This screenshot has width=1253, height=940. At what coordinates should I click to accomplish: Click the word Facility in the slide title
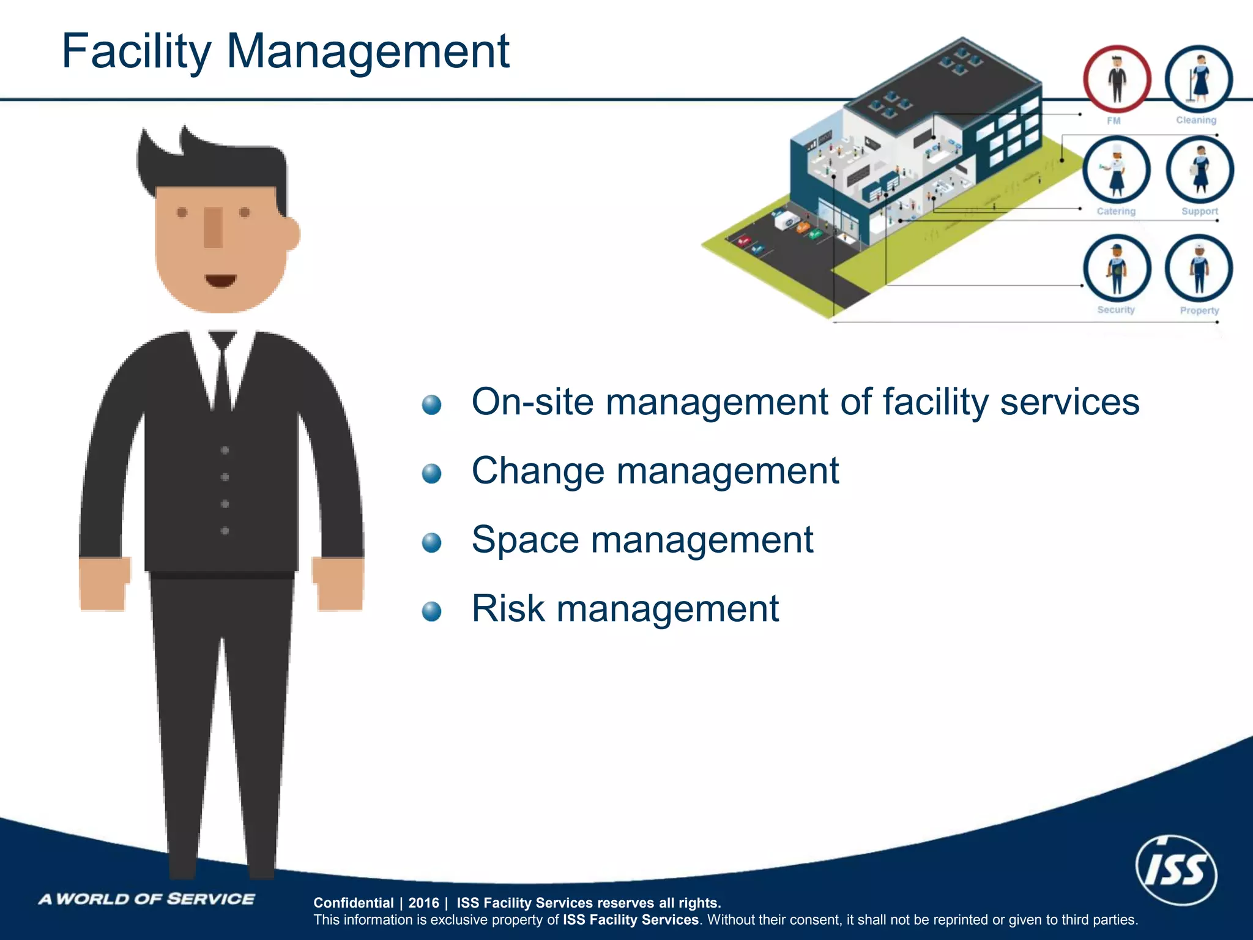[136, 51]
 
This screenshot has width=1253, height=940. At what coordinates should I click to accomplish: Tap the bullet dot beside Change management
[432, 473]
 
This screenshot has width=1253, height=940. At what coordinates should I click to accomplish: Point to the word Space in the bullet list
[525, 541]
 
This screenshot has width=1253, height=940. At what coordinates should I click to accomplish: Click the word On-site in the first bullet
[532, 402]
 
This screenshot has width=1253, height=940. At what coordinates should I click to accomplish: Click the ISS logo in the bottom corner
[1176, 870]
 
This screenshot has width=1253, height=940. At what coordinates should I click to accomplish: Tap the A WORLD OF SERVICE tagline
[147, 899]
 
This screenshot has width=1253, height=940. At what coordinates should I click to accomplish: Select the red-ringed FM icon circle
[1117, 80]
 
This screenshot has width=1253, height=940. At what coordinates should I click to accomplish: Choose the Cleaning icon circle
[1198, 80]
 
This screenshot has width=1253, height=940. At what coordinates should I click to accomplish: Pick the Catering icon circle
[1116, 170]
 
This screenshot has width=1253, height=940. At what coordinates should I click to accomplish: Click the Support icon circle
[1199, 170]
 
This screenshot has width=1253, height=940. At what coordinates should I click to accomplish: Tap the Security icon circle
[1117, 268]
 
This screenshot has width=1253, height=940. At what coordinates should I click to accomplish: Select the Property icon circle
[1199, 268]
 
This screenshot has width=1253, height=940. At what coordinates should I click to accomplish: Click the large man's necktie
[222, 373]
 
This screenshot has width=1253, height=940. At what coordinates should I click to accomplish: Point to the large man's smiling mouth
[220, 280]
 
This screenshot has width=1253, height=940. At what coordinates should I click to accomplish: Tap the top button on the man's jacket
[225, 450]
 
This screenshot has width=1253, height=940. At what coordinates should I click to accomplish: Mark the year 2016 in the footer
[423, 903]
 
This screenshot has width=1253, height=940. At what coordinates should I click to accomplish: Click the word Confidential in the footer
[353, 903]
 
